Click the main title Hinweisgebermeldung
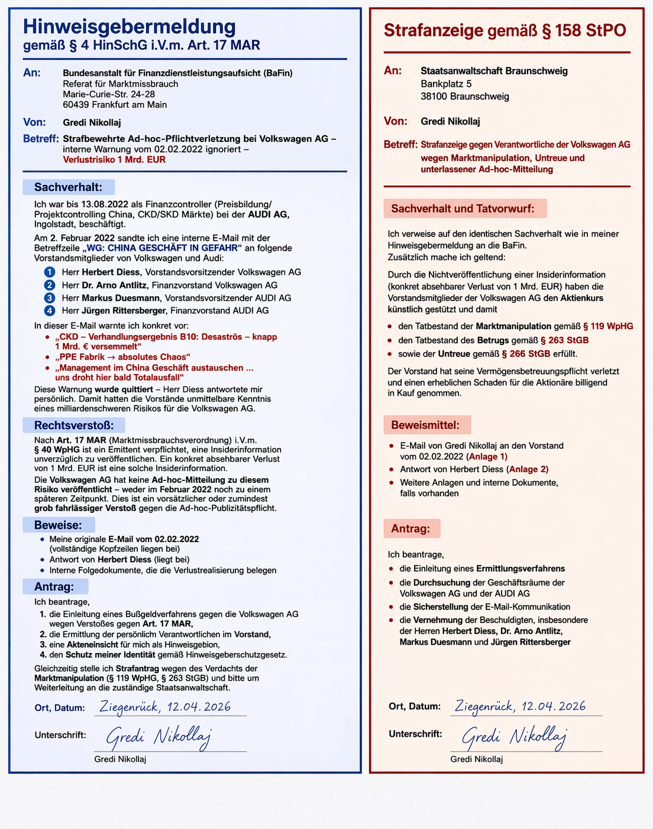[x=129, y=26]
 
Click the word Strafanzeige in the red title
[x=434, y=31]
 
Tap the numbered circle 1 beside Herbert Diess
[x=50, y=272]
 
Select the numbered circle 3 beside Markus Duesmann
[x=50, y=298]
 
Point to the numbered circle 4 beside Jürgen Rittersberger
[x=50, y=310]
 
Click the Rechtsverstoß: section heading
[x=73, y=425]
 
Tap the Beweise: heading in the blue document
[x=57, y=525]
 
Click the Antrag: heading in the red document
[x=411, y=529]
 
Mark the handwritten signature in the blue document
[x=158, y=737]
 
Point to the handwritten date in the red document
[x=520, y=706]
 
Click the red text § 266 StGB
[x=526, y=354]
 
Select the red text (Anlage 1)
[x=487, y=456]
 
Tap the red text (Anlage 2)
[x=528, y=469]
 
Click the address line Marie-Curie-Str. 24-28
[x=109, y=94]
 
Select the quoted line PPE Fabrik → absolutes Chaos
[x=123, y=357]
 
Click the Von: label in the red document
[x=395, y=121]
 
